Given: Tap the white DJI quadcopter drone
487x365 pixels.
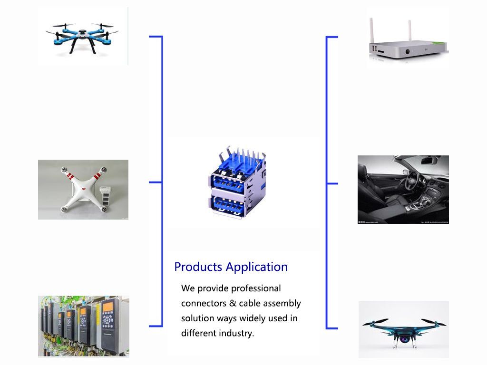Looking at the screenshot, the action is [84, 189].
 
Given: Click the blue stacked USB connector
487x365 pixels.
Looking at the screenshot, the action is [237, 182].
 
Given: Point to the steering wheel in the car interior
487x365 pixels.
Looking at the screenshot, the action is [412, 180].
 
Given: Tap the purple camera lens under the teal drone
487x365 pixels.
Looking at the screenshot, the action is [404, 339].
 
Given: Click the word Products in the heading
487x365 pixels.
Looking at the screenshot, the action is [198, 267].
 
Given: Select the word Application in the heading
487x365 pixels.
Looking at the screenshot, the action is [257, 267].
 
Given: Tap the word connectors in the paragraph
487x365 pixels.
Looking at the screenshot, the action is [204, 303].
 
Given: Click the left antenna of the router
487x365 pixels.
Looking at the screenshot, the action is [371, 31].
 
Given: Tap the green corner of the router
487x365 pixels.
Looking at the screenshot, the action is [439, 43].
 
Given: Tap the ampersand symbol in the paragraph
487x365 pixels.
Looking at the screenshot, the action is [233, 303].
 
